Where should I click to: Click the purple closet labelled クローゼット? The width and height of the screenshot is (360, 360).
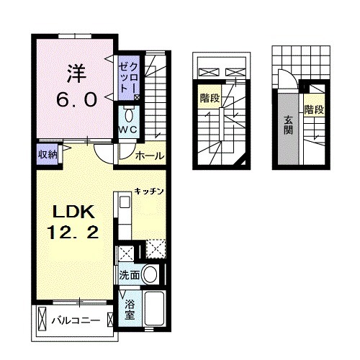click(127, 77)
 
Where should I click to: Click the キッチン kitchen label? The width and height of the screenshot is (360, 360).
click(150, 192)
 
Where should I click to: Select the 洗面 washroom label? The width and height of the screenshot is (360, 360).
click(128, 274)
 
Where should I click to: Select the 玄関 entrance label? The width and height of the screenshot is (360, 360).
click(288, 127)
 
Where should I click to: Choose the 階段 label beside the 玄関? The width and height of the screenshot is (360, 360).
click(314, 110)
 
